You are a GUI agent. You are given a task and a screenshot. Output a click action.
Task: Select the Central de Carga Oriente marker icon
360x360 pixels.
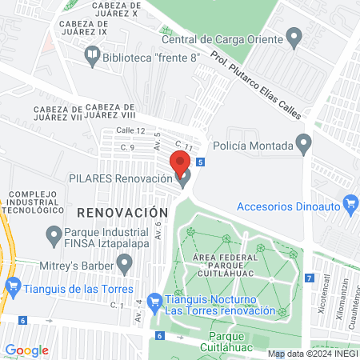pos(294,36)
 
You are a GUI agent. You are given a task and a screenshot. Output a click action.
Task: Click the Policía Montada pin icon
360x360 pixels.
pos(303,144)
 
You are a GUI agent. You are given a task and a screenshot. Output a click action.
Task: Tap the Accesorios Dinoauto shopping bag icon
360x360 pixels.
pos(350,204)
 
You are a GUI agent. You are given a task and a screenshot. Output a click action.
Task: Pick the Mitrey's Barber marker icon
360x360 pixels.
pos(124,262)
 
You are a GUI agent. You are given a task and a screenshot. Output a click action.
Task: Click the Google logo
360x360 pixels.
pos(26,350)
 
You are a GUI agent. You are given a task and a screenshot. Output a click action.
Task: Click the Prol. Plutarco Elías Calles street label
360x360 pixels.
pos(256,85)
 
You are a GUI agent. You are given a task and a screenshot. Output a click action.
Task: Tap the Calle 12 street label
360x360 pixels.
pos(130,130)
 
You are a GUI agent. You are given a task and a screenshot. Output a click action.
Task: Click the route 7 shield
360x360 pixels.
pos(309,278)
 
